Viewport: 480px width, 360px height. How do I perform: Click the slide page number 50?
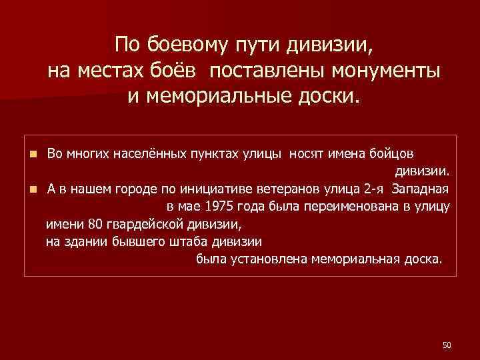(x=447, y=345)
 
